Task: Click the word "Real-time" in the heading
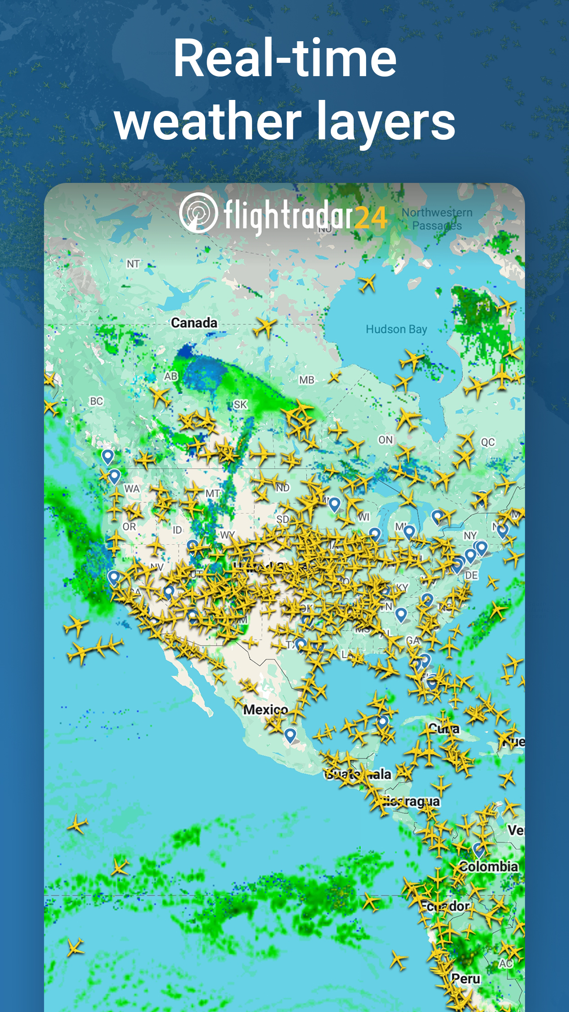point(284,58)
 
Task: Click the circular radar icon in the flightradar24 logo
point(198,213)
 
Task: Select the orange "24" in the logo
point(371,218)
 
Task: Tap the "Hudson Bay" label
point(396,329)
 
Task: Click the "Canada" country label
point(194,323)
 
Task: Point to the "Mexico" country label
point(266,710)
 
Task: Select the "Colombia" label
point(488,867)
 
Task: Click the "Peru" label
point(466,979)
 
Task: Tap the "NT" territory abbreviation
point(133,264)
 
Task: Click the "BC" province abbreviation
point(96,401)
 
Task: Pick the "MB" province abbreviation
point(306,380)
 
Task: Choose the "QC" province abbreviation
point(487,442)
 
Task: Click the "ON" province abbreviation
point(385,440)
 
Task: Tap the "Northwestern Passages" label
point(437,219)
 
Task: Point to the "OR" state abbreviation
point(129,527)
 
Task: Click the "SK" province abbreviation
point(241,405)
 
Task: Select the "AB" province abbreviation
point(171,376)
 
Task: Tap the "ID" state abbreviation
point(177,530)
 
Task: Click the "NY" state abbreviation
point(470,535)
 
